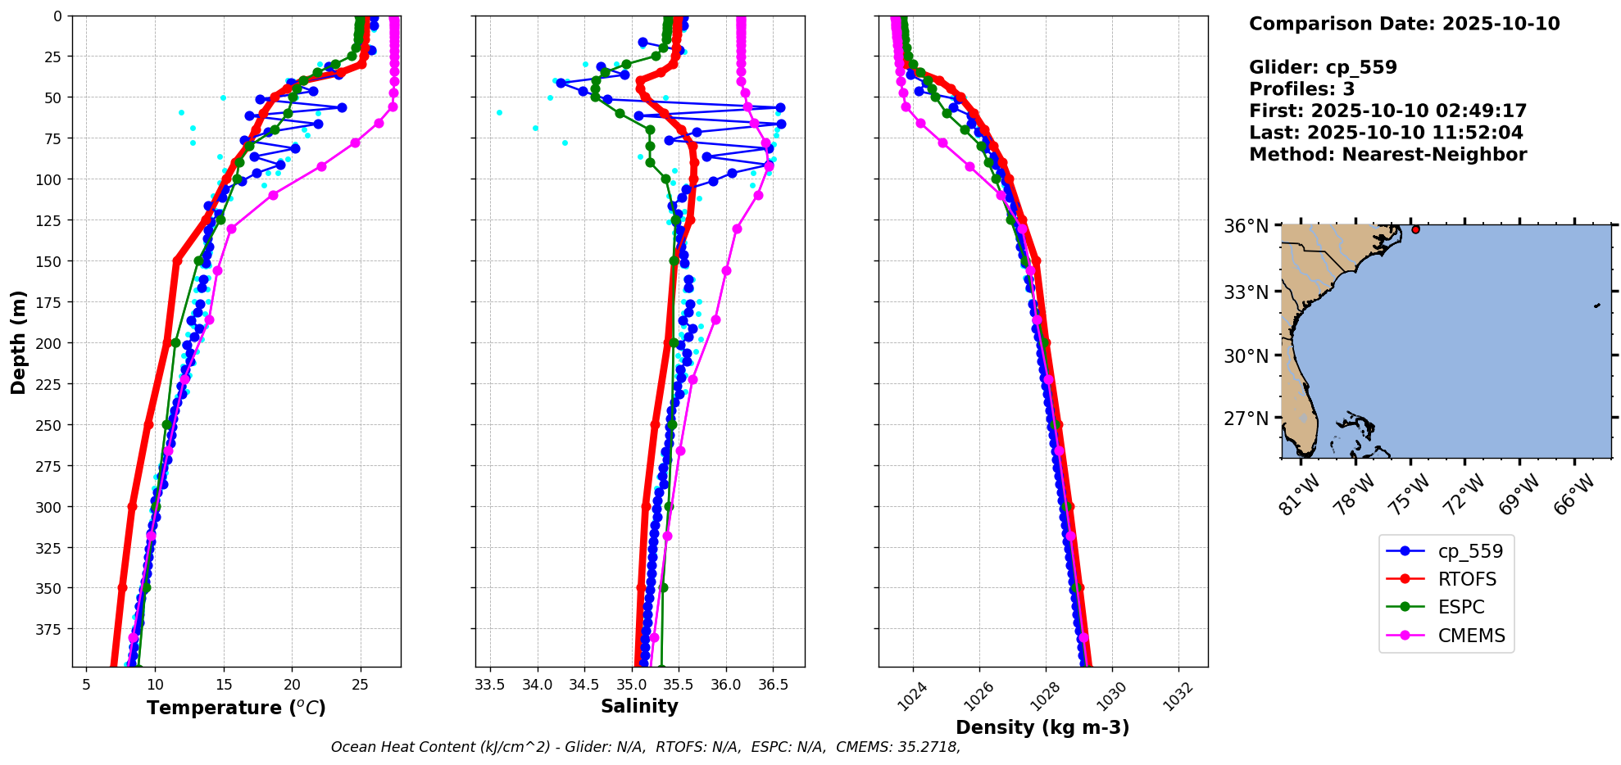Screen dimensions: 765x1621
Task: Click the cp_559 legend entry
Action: [x=1470, y=551]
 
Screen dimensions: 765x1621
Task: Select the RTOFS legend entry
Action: [x=1466, y=579]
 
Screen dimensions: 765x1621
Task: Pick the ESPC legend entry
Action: [x=1460, y=607]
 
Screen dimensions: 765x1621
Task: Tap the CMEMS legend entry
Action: [x=1471, y=636]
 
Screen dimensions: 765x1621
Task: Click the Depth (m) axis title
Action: [x=18, y=342]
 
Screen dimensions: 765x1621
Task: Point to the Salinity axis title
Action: [x=639, y=707]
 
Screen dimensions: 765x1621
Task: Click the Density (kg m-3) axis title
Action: [x=1042, y=727]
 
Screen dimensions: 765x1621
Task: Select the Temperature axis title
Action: [x=236, y=708]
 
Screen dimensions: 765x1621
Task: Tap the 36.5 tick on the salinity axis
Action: [x=773, y=684]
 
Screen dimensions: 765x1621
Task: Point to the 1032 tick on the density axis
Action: [x=1179, y=696]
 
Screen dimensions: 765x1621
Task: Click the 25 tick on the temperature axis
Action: [x=361, y=684]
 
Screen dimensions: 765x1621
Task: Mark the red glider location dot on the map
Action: [x=1415, y=229]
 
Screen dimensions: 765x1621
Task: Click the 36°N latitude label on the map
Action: [x=1246, y=226]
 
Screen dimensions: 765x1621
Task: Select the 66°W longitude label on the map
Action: [x=1574, y=494]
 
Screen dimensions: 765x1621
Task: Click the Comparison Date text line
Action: [x=1404, y=24]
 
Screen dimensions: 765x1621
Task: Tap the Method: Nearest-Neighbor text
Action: [x=1387, y=155]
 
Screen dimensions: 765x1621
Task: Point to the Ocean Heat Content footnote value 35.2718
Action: [x=929, y=747]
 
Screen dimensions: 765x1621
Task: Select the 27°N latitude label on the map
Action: [x=1246, y=419]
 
